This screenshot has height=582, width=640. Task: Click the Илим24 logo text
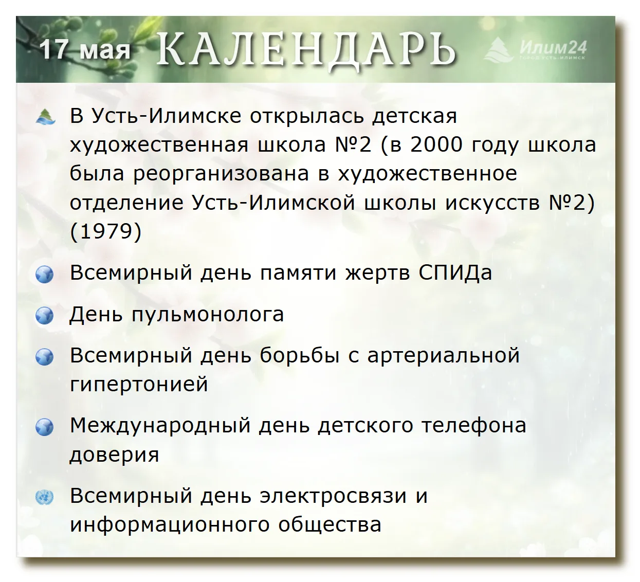click(553, 47)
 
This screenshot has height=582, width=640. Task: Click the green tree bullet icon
click(46, 116)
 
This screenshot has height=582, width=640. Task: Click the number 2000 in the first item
click(436, 144)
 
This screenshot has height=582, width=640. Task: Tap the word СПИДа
click(455, 273)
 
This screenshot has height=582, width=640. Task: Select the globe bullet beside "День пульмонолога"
click(45, 316)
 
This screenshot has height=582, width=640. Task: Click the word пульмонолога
click(208, 315)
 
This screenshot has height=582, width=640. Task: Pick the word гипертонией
click(139, 384)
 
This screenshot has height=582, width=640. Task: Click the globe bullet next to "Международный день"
click(45, 427)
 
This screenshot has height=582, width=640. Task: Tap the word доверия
click(114, 454)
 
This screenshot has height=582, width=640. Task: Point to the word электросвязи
click(333, 496)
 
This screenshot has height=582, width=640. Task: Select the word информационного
click(170, 525)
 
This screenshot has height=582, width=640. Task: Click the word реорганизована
click(221, 174)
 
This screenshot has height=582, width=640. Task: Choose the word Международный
click(160, 426)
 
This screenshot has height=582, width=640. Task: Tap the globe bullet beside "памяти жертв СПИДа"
click(45, 274)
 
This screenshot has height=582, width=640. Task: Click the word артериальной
click(444, 356)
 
